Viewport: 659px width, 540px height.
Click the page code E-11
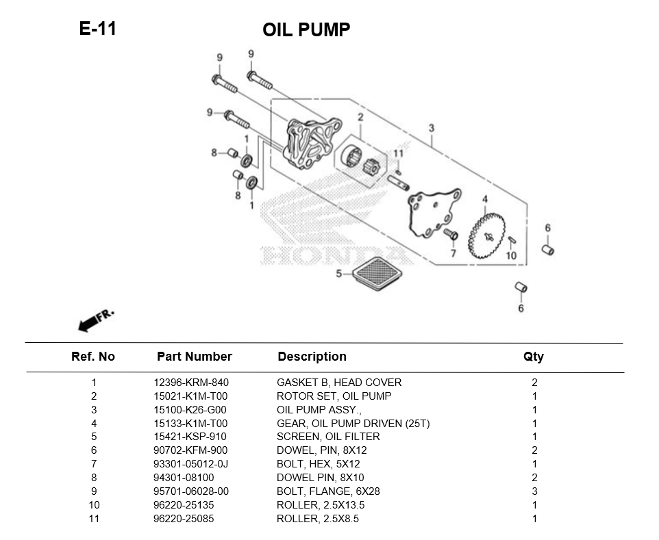click(97, 28)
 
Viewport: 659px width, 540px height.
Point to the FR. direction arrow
click(95, 320)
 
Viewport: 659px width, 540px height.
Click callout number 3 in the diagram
click(431, 128)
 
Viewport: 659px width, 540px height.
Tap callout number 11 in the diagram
click(398, 153)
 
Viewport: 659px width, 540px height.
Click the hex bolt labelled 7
click(451, 235)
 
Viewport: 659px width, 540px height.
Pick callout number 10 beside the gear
click(511, 255)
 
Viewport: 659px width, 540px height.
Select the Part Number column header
click(194, 357)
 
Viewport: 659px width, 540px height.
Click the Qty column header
click(533, 357)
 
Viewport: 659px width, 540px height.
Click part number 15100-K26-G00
click(190, 409)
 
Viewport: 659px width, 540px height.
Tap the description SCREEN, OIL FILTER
click(327, 437)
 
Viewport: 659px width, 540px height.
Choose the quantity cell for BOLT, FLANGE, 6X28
click(534, 491)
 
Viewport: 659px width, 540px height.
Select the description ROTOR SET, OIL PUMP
click(334, 396)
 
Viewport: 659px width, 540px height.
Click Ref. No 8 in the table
click(94, 478)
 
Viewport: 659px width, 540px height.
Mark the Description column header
click(312, 357)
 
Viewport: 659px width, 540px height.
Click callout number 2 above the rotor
click(360, 118)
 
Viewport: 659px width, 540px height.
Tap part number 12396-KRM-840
click(190, 382)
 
